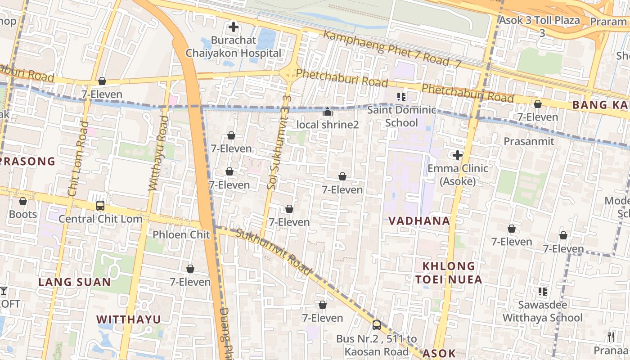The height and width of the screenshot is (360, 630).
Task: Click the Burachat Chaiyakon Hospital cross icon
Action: [x=233, y=27]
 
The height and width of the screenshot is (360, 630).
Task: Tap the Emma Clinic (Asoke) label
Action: [x=458, y=175]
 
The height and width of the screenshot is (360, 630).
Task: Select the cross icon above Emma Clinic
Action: [x=458, y=156]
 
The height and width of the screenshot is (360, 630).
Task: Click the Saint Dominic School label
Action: [x=401, y=116]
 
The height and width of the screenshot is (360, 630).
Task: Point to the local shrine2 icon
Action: [x=328, y=112]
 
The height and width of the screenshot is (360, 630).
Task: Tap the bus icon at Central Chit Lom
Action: [x=100, y=206]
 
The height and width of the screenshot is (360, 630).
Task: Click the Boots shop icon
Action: [x=23, y=201]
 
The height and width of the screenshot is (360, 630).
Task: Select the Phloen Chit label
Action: [x=181, y=234]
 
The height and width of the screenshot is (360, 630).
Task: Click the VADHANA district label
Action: [x=419, y=220]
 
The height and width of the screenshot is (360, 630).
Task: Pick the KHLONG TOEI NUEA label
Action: [x=449, y=273]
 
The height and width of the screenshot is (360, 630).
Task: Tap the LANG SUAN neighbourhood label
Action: [x=74, y=282]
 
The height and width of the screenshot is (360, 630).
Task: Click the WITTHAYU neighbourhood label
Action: [x=129, y=319]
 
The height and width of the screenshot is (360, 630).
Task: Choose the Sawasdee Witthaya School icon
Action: [x=543, y=292]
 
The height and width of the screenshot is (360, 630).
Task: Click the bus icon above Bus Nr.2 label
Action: [x=376, y=325]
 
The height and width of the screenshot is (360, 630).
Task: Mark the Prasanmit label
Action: [x=529, y=141]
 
